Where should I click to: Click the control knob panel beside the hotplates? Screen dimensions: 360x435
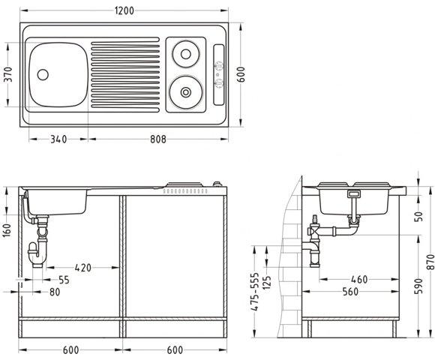218,73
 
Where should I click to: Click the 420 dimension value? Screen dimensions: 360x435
82,267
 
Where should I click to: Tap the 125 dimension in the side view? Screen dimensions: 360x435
268,287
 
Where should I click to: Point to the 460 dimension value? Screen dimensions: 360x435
358,279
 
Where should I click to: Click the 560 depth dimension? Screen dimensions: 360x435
358,291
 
